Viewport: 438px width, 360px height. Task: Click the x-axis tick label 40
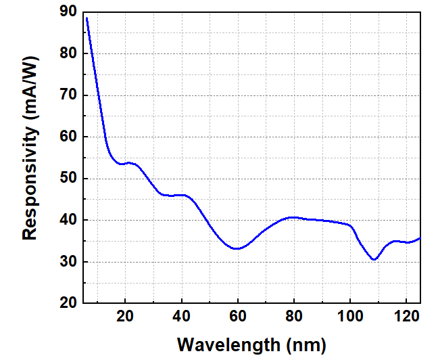[181, 316]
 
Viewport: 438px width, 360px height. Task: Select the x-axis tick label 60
[237, 316]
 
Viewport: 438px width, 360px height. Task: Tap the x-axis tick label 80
[293, 316]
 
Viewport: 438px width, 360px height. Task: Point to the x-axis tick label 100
[349, 316]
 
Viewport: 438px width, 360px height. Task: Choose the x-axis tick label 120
[406, 316]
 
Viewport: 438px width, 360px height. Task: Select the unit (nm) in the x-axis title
[303, 344]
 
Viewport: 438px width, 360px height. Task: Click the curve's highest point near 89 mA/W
[87, 18]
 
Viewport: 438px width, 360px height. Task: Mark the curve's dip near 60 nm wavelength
[237, 248]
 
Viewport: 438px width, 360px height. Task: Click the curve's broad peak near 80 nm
[292, 217]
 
